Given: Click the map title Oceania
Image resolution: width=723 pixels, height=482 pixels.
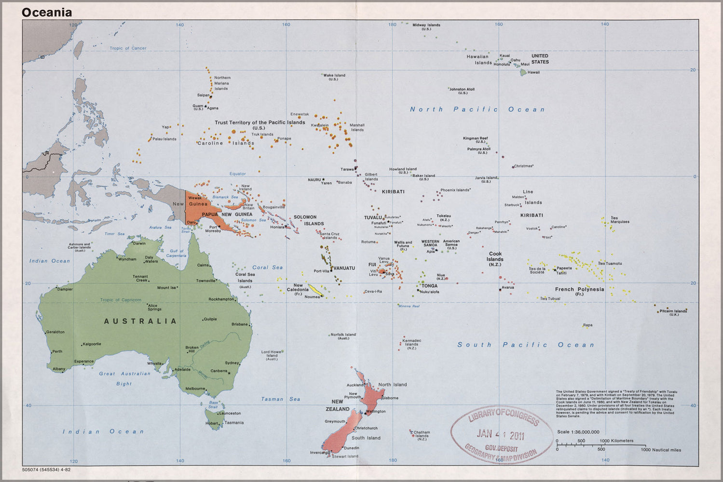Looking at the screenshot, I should click(46, 13).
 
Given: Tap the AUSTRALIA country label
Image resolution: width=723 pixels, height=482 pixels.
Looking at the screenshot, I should click(140, 321).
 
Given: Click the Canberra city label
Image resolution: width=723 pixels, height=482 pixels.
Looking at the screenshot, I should click(218, 371).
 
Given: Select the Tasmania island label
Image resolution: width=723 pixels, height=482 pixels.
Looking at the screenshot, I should click(234, 423).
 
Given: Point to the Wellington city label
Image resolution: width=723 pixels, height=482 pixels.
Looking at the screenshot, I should click(376, 411).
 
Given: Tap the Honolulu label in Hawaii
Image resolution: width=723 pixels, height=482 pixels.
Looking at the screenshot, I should click(502, 64).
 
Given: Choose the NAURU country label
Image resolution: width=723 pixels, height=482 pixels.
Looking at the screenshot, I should click(314, 180).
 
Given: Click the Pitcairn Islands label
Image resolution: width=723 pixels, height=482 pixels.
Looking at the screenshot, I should click(673, 311).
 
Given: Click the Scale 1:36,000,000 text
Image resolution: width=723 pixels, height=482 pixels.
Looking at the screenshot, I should click(578, 432).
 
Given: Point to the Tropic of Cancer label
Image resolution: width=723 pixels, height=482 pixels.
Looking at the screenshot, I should click(128, 48).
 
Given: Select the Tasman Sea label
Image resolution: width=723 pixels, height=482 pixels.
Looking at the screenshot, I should click(280, 399).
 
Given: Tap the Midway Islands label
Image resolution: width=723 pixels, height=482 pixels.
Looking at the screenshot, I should click(426, 25).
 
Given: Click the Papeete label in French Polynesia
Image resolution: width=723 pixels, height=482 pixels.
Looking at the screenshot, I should click(564, 268).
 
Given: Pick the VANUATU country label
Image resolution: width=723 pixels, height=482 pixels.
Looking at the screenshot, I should click(344, 268).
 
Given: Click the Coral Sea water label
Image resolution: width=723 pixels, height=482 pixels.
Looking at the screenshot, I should click(267, 268).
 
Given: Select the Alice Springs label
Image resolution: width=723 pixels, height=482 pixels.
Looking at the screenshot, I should click(154, 307).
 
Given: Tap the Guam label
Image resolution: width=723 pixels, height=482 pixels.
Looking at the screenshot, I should click(198, 106).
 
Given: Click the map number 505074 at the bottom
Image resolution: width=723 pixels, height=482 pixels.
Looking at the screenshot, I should click(32, 469).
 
